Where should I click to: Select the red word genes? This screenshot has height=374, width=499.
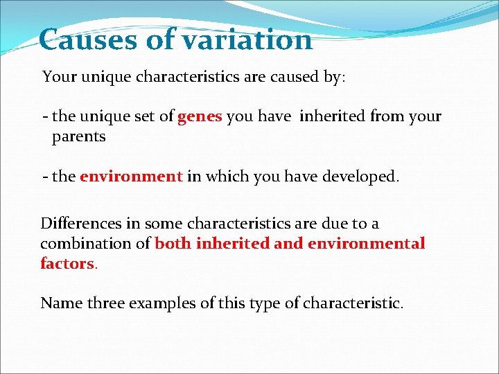click(200, 117)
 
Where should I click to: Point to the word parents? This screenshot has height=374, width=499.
click(79, 136)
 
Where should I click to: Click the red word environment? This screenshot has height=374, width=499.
click(131, 177)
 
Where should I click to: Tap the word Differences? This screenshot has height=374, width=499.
click(82, 224)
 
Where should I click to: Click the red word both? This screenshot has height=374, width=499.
click(173, 244)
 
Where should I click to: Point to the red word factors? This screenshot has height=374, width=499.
click(67, 264)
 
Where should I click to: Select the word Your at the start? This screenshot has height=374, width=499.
click(58, 76)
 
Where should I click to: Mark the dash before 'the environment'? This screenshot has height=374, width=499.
click(45, 177)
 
